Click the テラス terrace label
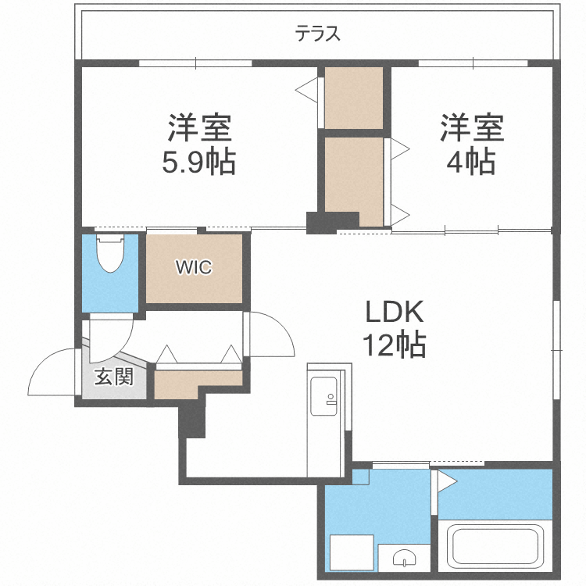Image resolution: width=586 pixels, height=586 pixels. point(318,34)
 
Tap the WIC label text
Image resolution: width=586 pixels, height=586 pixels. point(192,267)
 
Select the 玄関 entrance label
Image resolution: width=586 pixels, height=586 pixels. point(114,377)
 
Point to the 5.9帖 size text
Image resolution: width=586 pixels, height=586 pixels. point(198,162)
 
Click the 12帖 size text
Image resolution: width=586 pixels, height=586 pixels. point(393,344)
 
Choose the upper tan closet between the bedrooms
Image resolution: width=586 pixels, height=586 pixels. point(353,97)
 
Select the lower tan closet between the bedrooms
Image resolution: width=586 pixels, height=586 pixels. point(353,175)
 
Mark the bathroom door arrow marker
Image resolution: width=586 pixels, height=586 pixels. point(446,481)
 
